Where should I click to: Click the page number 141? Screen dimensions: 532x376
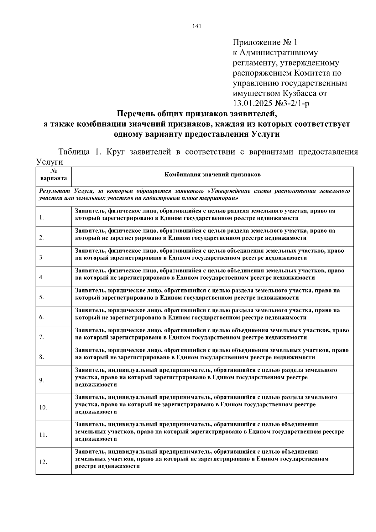point(197,26)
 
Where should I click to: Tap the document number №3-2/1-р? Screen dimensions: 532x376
point(295,103)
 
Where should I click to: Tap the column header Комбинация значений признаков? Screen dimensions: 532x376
point(212,175)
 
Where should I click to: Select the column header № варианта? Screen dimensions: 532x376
point(53,175)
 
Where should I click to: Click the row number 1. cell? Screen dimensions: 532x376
point(42,218)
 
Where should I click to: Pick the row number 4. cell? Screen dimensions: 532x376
point(42,277)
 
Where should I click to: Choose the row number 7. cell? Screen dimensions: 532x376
point(42,337)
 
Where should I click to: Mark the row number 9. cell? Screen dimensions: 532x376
point(42,380)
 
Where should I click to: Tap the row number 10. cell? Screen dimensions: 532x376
point(43,408)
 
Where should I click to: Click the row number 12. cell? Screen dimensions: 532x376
point(43,462)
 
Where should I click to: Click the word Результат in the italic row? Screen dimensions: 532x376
point(54,191)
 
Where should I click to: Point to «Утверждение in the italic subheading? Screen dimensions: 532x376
point(228,191)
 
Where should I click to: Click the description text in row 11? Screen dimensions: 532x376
point(209,431)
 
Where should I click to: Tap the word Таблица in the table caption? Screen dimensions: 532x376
point(75,152)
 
